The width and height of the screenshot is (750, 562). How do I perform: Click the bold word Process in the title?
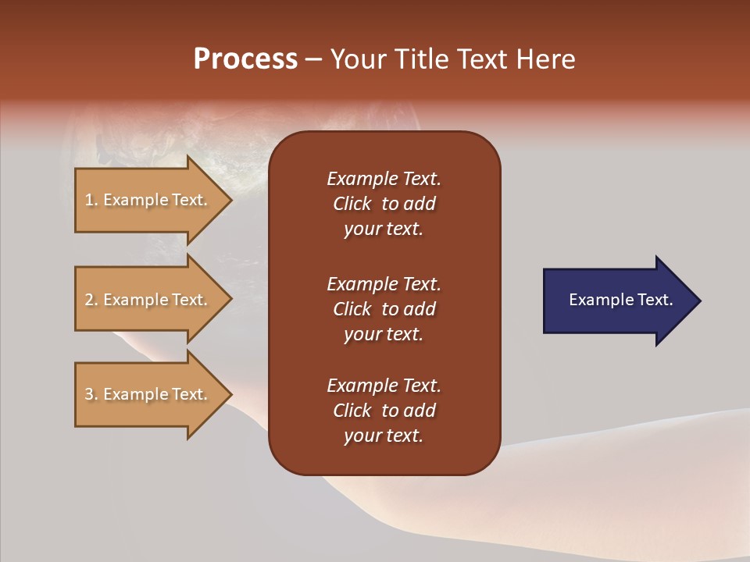245,59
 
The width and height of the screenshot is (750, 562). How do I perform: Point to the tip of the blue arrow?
699,301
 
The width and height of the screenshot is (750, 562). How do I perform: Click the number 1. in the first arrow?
91,200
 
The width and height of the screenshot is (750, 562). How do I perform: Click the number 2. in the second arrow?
91,300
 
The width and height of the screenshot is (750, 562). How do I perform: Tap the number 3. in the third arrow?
91,394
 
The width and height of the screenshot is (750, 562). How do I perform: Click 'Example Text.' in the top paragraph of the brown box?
384,179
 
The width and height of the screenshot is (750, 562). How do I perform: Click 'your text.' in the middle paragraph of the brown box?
384,334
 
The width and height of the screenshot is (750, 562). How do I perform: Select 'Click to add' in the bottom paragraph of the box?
384,411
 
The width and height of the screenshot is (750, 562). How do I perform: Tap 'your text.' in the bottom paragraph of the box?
384,436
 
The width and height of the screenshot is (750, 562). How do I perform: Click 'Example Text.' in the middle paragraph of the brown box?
384,284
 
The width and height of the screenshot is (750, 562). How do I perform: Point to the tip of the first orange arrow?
231,201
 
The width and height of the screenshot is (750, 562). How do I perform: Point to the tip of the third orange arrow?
231,394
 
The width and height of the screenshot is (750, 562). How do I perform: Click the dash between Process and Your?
312,60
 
